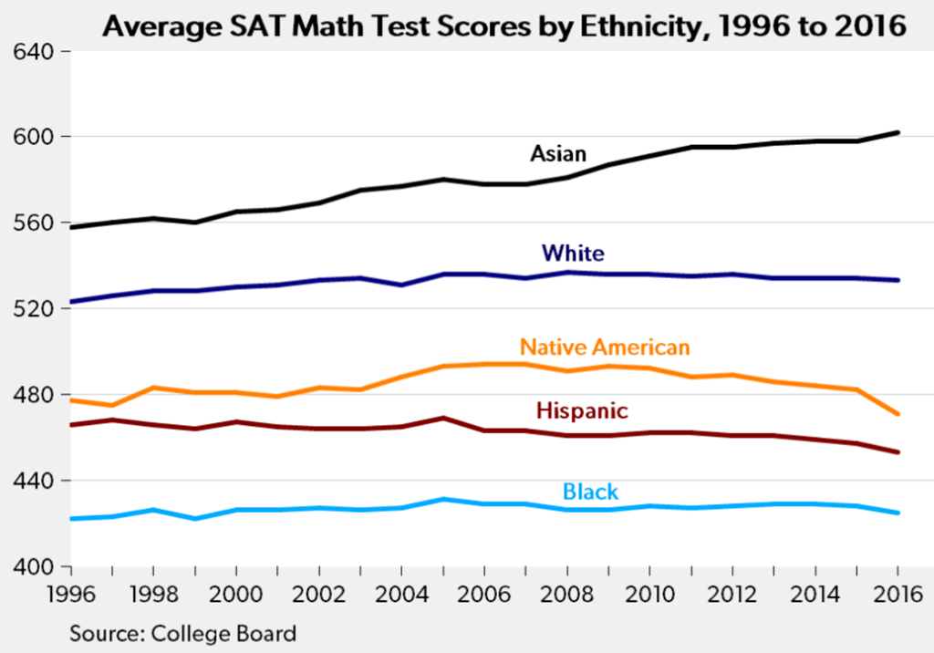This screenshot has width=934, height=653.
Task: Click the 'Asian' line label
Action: [559, 153]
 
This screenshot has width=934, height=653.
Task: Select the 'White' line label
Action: [573, 253]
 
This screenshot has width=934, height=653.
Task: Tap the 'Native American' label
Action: [605, 347]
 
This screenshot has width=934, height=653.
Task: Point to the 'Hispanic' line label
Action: [582, 410]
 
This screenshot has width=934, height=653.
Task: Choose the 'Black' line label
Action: [591, 492]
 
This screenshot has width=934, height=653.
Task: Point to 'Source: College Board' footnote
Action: [183, 631]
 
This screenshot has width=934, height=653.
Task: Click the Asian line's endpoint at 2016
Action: [898, 133]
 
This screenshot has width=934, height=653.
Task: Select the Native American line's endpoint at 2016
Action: [898, 414]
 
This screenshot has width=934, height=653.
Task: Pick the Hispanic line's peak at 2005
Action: [442, 418]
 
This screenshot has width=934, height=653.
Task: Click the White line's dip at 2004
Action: [401, 285]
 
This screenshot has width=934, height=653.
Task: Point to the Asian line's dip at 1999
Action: [194, 222]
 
